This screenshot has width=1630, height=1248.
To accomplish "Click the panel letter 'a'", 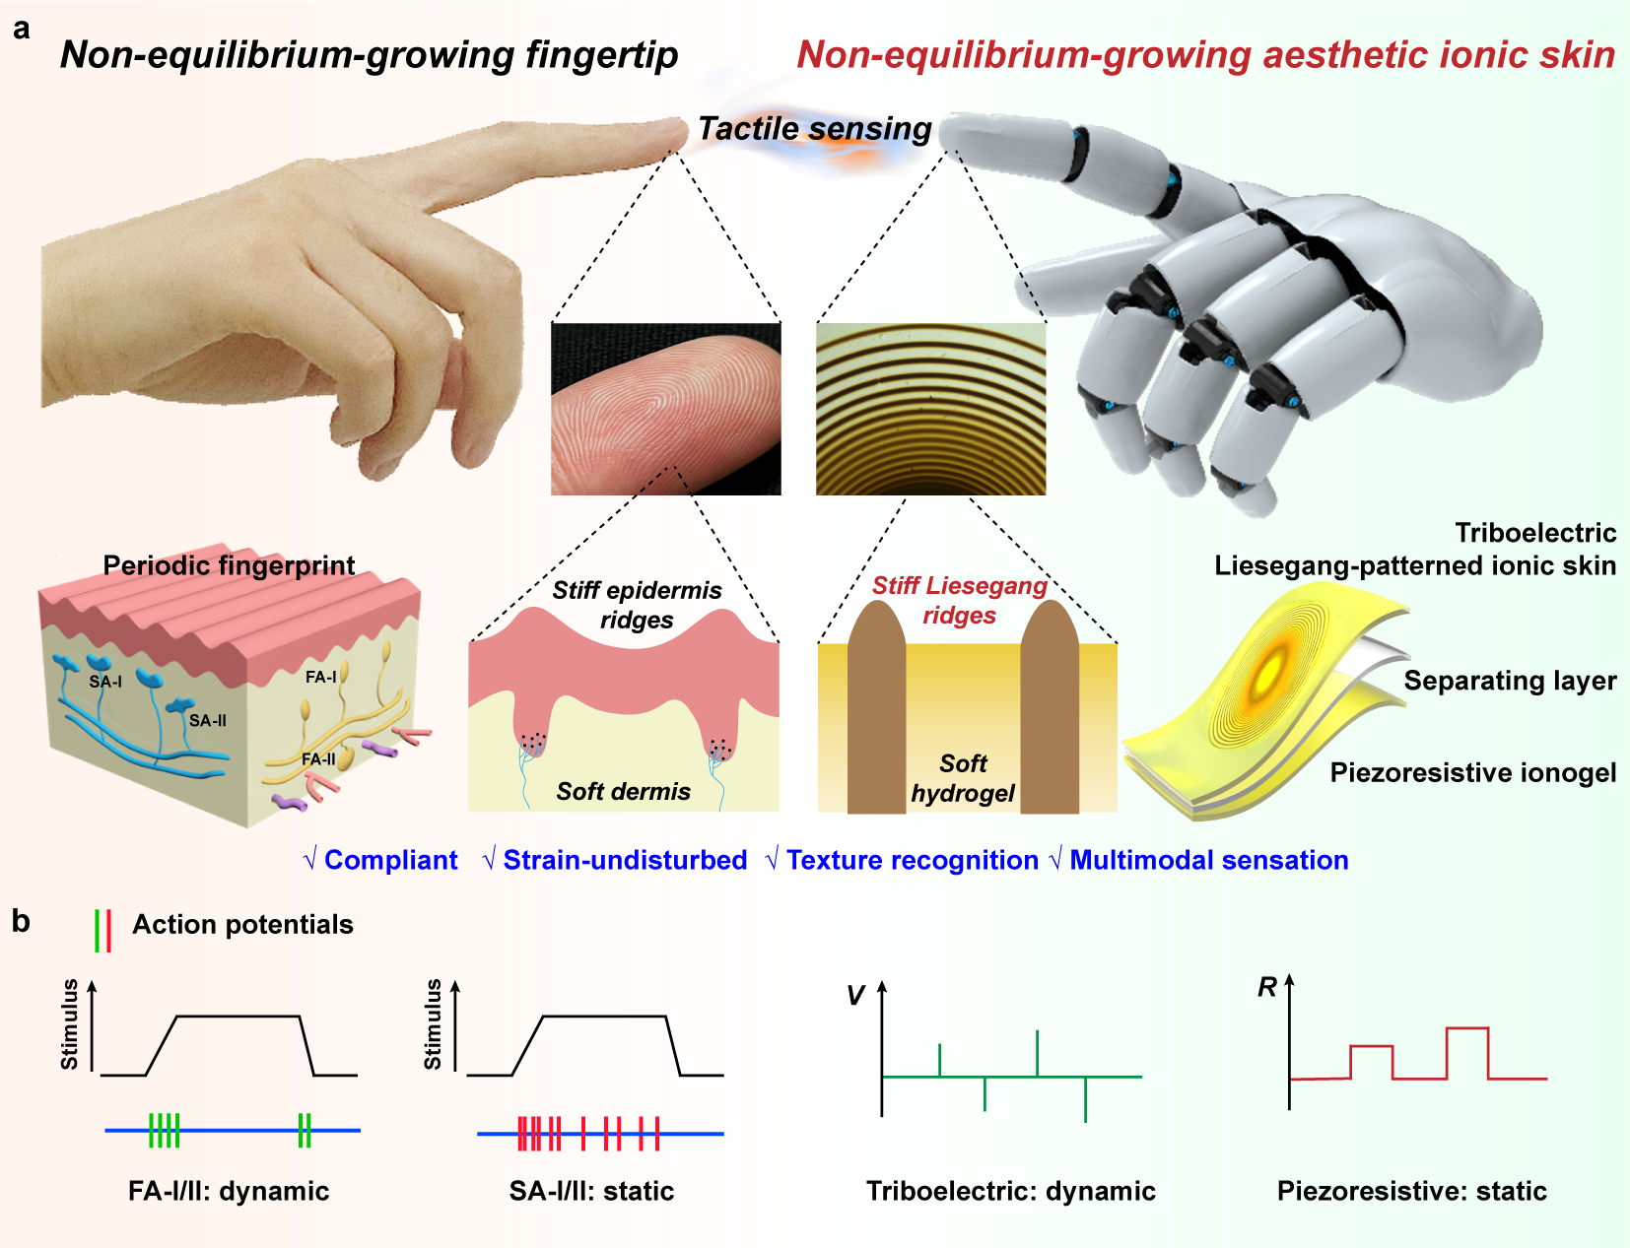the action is point(22,30).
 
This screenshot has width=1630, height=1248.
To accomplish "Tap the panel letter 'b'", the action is point(21,921).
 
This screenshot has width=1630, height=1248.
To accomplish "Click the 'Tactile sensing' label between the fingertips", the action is point(815,129).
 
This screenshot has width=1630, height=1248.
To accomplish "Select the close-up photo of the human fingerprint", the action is point(666,409).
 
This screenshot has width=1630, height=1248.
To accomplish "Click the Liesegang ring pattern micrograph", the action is point(931,409).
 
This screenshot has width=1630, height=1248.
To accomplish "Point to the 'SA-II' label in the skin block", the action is point(207,720).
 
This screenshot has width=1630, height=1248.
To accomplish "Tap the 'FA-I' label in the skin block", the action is point(321,677).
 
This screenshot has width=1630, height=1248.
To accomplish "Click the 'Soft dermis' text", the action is point(624,791).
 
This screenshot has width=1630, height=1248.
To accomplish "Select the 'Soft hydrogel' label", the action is point(963,778).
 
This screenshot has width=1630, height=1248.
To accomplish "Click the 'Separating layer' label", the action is point(1510,681).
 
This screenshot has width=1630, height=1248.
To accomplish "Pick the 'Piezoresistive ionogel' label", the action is point(1473,773).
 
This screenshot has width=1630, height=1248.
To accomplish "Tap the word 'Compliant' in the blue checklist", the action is point(390,860).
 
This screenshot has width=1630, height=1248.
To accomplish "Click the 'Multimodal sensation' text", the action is point(1209,860).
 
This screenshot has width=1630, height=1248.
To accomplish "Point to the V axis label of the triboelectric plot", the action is point(855,996).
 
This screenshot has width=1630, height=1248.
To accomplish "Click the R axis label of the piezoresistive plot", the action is point(1267,987).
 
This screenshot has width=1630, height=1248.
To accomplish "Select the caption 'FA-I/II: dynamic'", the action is point(229,1190).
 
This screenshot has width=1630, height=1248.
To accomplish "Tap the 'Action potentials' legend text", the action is point(242,924).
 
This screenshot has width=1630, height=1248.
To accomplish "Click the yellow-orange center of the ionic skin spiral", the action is point(1270,672).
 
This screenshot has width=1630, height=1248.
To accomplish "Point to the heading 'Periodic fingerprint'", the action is point(229,565).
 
